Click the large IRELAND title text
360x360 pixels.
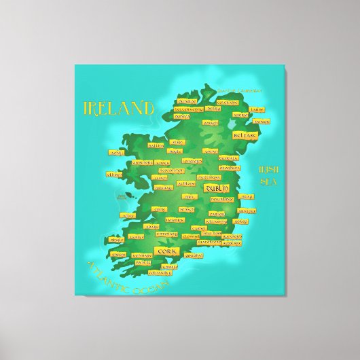[x=117, y=107]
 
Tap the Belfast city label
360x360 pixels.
[x=245, y=135]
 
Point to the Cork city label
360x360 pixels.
[x=165, y=251]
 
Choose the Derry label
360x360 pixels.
[x=213, y=108]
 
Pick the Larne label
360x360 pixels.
[x=257, y=109]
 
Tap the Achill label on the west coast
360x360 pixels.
[x=115, y=152]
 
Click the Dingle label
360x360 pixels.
[x=116, y=240]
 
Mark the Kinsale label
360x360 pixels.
[x=170, y=267]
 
